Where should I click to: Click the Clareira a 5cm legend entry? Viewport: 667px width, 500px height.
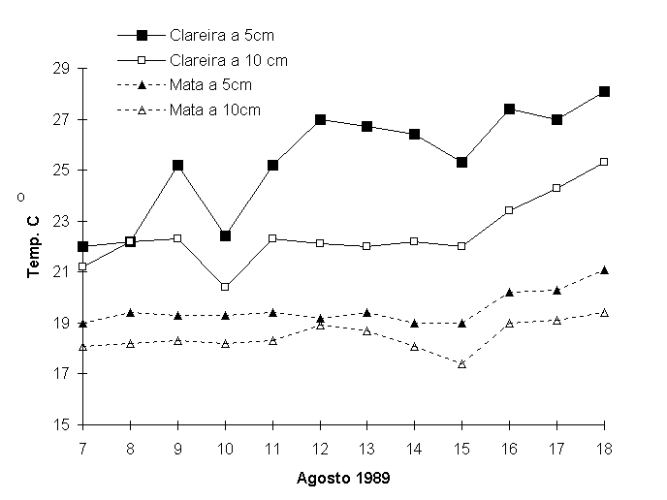coord(222,36)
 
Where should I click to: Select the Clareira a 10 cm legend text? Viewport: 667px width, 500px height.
coord(228,60)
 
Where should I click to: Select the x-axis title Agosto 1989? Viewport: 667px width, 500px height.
coord(344,478)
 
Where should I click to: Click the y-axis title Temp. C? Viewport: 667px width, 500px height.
coord(33,247)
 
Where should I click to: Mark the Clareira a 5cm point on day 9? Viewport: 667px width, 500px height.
coord(177,166)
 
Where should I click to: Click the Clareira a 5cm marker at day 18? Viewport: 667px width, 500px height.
coord(604,91)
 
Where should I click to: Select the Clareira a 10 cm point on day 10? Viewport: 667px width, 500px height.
coord(225,287)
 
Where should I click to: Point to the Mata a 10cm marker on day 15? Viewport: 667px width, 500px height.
coord(461,363)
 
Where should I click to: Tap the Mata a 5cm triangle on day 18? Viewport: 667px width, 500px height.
coord(604,269)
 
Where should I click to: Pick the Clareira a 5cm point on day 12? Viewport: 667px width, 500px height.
coord(320,119)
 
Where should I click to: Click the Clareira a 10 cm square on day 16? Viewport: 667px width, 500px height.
coord(509,210)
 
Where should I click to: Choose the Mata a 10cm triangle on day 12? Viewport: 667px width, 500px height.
coord(320,325)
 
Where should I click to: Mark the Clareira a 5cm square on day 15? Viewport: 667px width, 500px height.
coord(461,162)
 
